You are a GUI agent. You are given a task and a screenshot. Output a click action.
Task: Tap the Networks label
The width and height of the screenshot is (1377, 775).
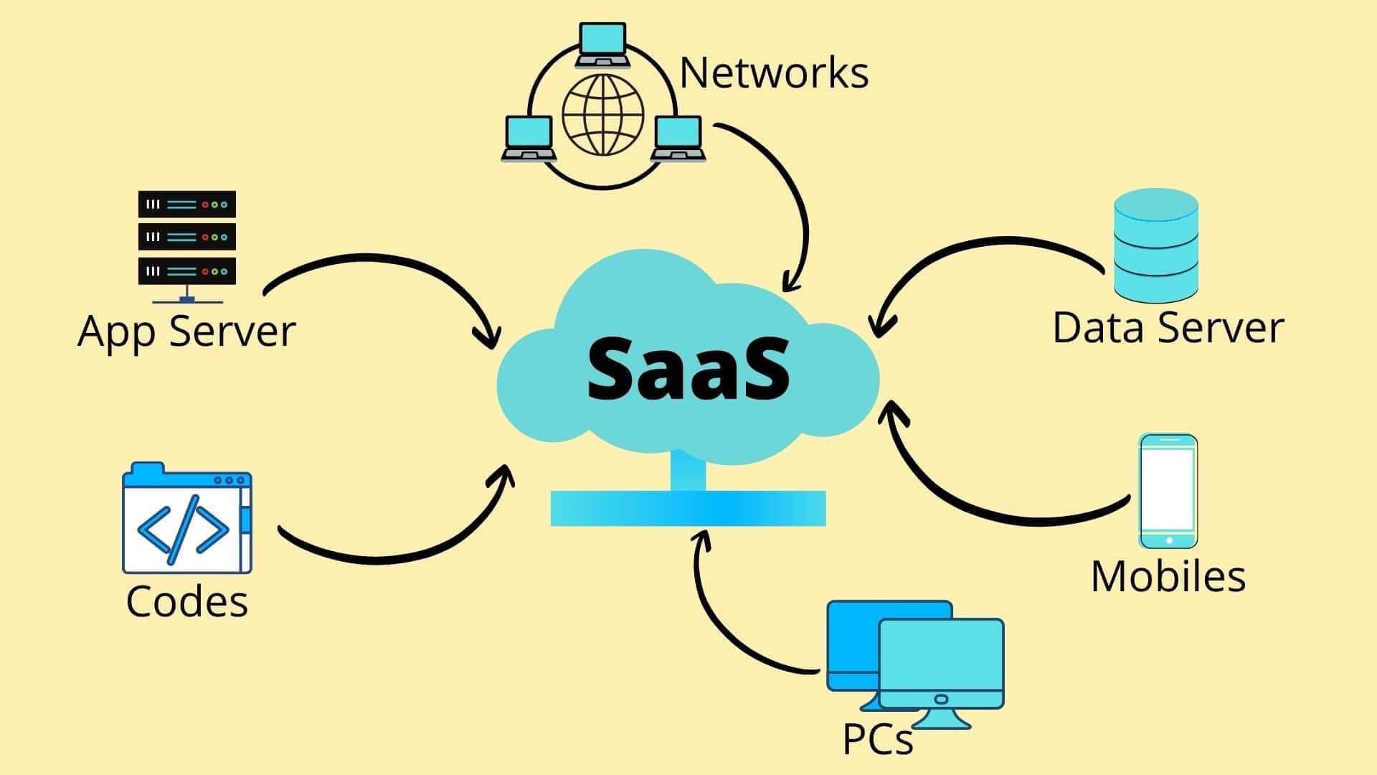tap(773, 72)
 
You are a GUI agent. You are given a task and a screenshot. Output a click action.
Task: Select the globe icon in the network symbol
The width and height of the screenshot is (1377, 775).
tap(602, 115)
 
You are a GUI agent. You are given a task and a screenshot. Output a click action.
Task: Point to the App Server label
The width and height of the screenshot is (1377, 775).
tap(186, 331)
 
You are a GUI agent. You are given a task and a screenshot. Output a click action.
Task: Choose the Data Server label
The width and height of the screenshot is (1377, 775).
tap(1168, 327)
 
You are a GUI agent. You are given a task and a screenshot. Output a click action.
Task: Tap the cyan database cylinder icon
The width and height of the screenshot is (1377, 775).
tap(1155, 244)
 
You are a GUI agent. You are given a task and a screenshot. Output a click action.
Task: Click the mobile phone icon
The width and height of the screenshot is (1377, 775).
tap(1168, 491)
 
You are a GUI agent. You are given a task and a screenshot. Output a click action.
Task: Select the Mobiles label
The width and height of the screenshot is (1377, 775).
tap(1168, 576)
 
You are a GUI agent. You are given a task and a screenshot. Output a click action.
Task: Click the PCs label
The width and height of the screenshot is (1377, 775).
tap(877, 738)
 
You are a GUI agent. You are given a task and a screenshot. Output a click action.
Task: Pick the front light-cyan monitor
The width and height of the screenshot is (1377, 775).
tap(941, 664)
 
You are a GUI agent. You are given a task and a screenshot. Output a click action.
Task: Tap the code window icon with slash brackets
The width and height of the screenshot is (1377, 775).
tap(186, 520)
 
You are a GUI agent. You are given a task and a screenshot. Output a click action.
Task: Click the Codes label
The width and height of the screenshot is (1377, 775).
tap(186, 601)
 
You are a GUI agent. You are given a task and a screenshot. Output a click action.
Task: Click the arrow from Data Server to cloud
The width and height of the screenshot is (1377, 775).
tap(983, 244)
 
